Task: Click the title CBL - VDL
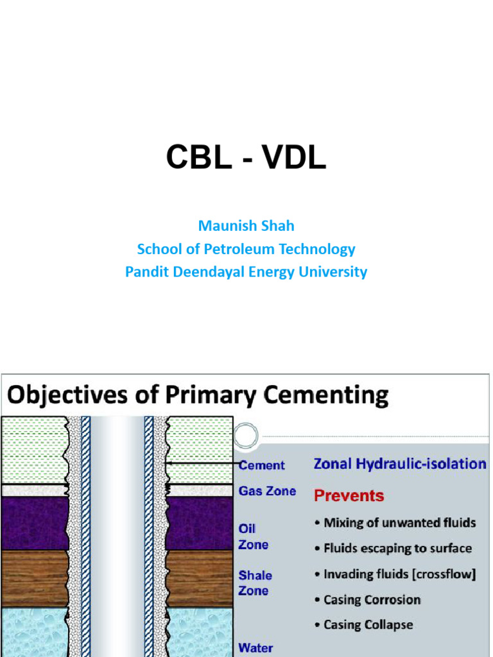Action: click(246, 158)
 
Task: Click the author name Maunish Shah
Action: click(246, 226)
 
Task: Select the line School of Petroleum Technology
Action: click(246, 249)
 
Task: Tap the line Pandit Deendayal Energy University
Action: click(246, 271)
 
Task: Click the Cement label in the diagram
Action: click(262, 465)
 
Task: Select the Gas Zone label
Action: click(267, 491)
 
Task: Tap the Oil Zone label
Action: click(253, 536)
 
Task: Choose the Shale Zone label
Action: click(255, 583)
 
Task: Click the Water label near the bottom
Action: click(255, 647)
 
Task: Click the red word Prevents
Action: click(349, 495)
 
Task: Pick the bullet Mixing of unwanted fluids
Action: click(399, 522)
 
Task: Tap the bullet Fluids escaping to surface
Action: click(397, 548)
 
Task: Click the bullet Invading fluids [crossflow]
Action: click(399, 574)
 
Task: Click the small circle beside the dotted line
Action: click(245, 436)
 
